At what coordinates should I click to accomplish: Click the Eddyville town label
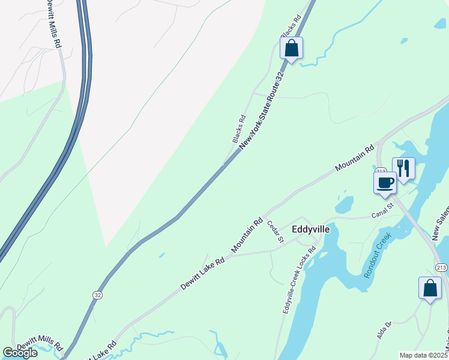[310, 229]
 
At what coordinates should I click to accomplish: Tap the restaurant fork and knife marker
[403, 168]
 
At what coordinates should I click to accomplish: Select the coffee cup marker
[385, 182]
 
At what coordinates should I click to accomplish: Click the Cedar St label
[276, 232]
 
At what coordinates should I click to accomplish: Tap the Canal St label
[381, 210]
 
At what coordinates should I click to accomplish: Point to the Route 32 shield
[97, 295]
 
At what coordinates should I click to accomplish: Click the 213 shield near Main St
[441, 267]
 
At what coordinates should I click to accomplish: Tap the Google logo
[20, 353]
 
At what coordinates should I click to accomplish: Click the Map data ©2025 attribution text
[423, 355]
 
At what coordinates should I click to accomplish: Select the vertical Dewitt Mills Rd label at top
[53, 24]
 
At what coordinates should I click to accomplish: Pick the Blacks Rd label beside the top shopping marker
[290, 26]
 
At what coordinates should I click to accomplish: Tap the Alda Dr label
[384, 331]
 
